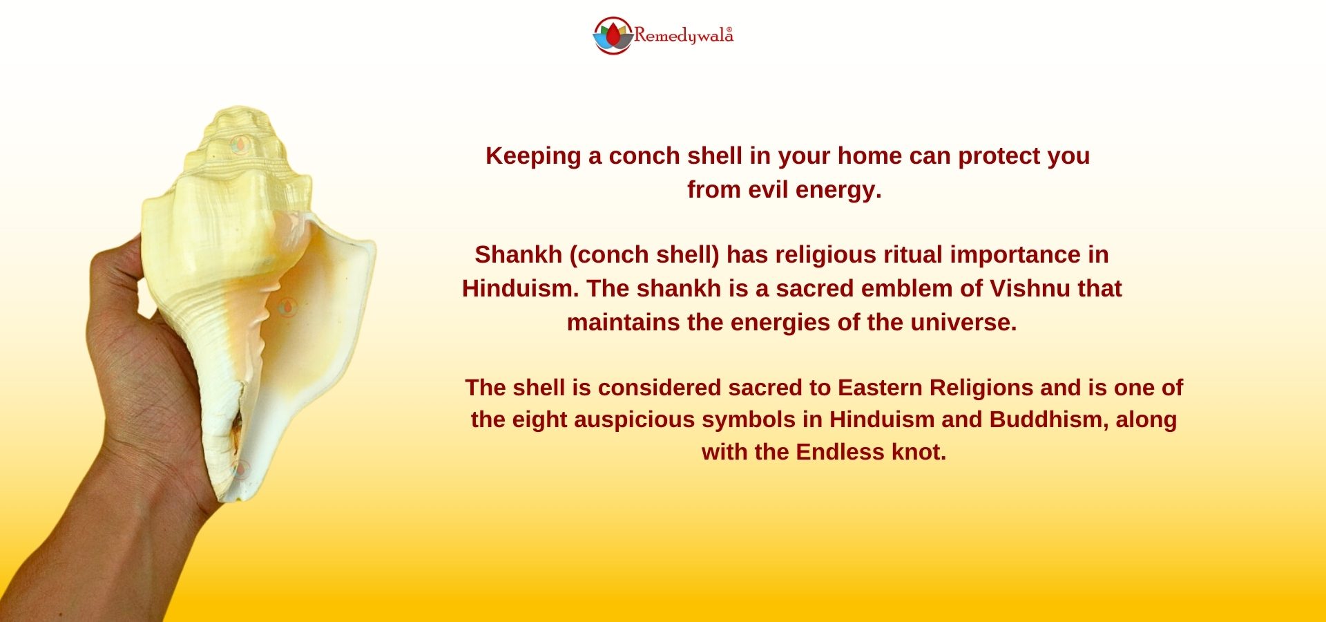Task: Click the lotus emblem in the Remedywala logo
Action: coord(613,35)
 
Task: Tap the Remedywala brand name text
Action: coord(683,35)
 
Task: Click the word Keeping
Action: coord(534,157)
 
